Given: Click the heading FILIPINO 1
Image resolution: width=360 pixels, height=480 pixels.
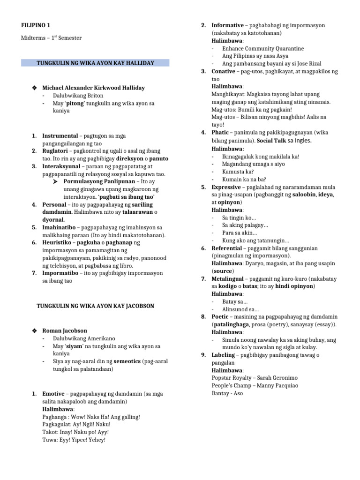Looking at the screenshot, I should coord(36,25).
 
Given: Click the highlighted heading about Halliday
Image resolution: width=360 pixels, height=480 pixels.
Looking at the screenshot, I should coord(95,63).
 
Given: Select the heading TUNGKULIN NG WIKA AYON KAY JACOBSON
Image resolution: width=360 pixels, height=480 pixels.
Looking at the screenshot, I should coord(95,306).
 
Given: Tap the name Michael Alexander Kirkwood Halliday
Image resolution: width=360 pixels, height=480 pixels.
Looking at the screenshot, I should coord(93,88).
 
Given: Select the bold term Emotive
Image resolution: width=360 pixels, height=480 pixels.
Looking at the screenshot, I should coord(53,394).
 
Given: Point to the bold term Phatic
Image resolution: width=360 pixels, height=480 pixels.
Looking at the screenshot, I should coord(220,133).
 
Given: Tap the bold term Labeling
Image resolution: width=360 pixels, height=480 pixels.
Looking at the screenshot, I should coord(224,355).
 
